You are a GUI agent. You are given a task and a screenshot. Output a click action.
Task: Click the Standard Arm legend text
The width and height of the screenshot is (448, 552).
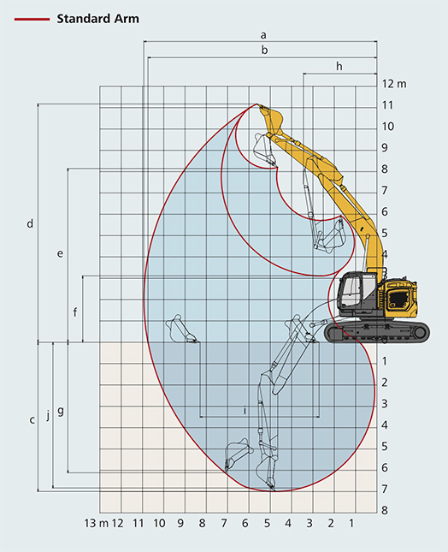tap(97, 19)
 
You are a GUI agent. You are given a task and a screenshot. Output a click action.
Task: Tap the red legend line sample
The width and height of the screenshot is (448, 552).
tap(32, 19)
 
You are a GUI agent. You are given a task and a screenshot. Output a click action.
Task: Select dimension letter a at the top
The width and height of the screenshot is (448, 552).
tap(263, 35)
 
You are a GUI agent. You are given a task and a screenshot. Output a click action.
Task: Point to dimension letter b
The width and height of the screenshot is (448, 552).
tap(264, 50)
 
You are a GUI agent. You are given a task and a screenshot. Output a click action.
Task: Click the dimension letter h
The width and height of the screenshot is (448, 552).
tap(339, 66)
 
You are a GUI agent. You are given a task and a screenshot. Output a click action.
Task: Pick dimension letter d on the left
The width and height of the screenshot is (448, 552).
tap(30, 223)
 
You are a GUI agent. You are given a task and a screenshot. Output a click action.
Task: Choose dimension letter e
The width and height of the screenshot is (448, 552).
tap(60, 253)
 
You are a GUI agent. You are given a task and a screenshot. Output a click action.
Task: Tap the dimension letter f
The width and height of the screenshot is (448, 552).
tap(75, 312)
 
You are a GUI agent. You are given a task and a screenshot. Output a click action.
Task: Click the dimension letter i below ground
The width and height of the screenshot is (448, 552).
tap(245, 410)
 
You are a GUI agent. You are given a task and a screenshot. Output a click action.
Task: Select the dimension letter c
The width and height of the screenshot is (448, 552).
tap(32, 419)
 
